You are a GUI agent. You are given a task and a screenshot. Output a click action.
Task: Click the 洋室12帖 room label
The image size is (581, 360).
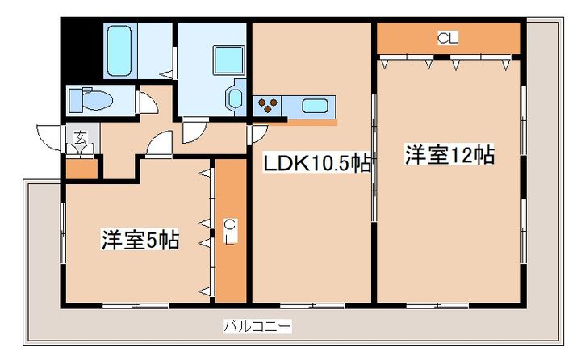[x=449, y=155]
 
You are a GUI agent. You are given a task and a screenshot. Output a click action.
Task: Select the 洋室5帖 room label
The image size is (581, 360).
[x=140, y=240]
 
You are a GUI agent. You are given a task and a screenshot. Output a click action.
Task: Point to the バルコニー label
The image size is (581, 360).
[x=257, y=327]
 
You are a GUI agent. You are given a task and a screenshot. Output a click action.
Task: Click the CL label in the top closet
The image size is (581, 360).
[x=447, y=37]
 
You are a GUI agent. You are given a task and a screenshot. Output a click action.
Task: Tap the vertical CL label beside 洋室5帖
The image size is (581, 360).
[x=229, y=232]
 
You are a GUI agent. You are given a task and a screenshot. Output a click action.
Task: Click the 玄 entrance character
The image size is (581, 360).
[x=81, y=136]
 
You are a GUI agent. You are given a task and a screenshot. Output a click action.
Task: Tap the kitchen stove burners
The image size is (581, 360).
[x=268, y=104]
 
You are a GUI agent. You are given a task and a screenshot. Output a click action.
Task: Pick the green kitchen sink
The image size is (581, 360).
[x=315, y=105]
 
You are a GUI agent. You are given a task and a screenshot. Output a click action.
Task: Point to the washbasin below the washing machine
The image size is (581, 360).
[x=235, y=99]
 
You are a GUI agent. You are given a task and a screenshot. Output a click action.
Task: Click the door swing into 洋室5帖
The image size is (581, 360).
[x=158, y=144]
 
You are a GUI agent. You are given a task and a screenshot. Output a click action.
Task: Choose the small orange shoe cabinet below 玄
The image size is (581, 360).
[x=81, y=169]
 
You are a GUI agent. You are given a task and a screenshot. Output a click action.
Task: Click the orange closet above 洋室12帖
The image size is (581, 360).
[x=449, y=37]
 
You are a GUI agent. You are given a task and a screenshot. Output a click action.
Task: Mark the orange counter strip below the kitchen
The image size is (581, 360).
[x=310, y=122]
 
